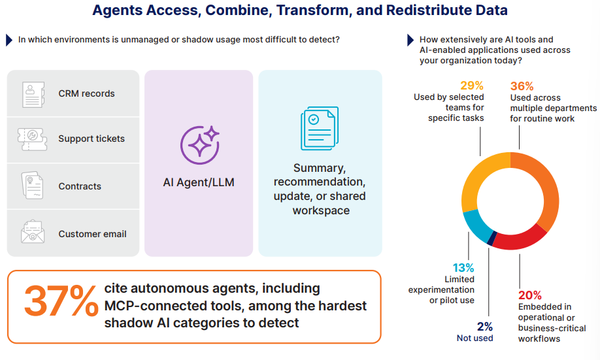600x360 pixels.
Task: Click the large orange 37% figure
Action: tap(61, 301)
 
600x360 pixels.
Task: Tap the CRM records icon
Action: tap(33, 95)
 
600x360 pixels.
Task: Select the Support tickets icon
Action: tap(32, 139)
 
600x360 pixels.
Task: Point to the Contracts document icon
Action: tap(32, 186)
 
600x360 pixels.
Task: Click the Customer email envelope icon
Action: tap(33, 232)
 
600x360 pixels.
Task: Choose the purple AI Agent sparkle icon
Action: tap(200, 145)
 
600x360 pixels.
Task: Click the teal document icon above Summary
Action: tap(320, 128)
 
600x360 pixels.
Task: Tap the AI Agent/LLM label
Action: tap(199, 182)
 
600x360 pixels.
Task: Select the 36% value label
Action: tap(522, 86)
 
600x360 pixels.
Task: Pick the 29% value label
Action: tap(472, 86)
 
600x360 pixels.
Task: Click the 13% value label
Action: tap(463, 268)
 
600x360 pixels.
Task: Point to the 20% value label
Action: tap(530, 295)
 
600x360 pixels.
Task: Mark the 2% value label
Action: tap(485, 327)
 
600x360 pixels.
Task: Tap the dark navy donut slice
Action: tap(492, 238)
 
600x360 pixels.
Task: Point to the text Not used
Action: tap(475, 338)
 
